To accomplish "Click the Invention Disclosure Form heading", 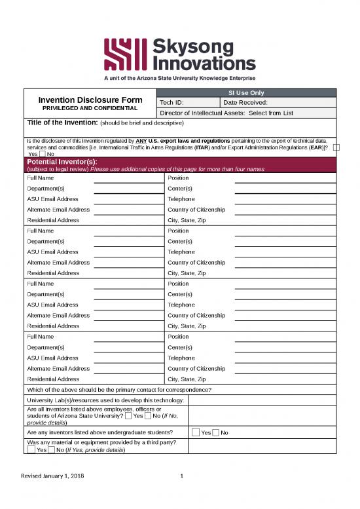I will click(x=90, y=100).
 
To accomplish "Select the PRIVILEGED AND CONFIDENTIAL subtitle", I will click(x=90, y=107).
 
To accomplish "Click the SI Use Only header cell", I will click(x=246, y=92).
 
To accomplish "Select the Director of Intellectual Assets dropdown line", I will click(x=226, y=113).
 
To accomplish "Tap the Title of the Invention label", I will click(x=62, y=123).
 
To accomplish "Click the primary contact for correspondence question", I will click(x=118, y=390).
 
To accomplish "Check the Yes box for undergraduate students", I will click(x=196, y=432).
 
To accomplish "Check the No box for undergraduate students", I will click(x=216, y=432).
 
